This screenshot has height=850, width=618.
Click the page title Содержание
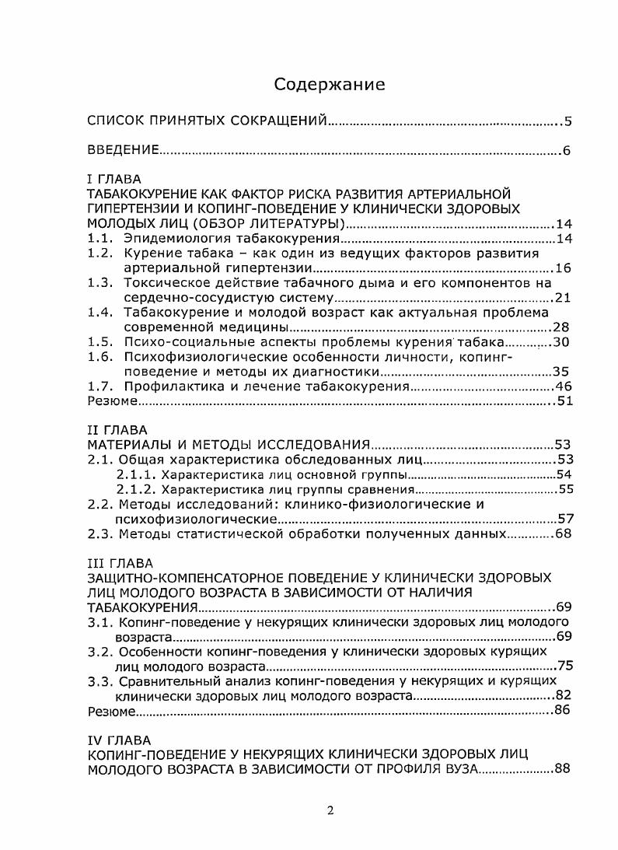pos(330,85)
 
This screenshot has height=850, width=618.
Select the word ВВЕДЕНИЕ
pos(123,150)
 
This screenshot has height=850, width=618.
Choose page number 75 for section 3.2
pos(565,666)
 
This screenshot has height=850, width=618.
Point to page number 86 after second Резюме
pos(564,711)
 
